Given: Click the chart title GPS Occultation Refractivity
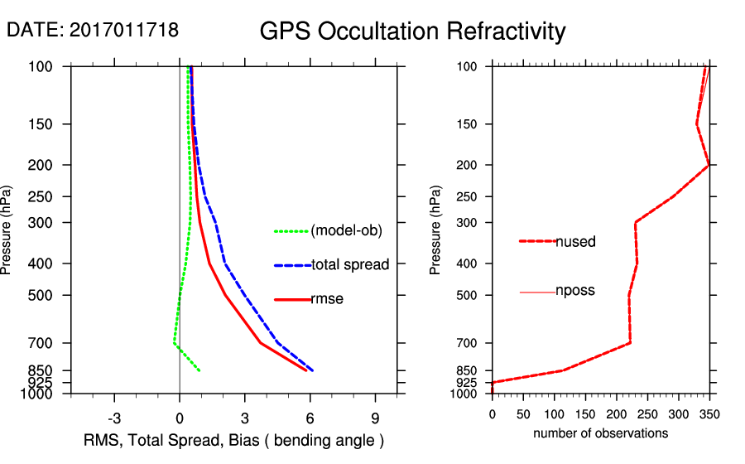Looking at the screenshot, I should (x=412, y=31).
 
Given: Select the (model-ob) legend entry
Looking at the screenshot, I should (x=346, y=231).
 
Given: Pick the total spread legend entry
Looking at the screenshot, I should (x=350, y=265).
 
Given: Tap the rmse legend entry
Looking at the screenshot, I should (x=326, y=299).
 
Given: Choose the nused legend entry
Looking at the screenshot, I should (x=575, y=242).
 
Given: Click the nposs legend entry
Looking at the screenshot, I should (x=575, y=291).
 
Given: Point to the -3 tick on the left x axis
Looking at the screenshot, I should (x=114, y=418).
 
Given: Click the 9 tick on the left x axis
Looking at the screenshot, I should (x=375, y=418).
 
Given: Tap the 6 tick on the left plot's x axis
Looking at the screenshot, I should (x=310, y=418).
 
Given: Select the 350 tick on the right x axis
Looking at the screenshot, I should (x=709, y=413).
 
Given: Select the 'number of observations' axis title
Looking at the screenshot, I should (x=600, y=433).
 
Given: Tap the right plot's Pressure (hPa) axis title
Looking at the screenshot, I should (x=436, y=230).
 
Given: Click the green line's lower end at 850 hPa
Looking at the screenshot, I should (x=199, y=370).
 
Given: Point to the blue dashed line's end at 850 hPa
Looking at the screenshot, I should (x=312, y=370).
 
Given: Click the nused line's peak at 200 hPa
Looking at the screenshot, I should (x=709, y=166).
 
